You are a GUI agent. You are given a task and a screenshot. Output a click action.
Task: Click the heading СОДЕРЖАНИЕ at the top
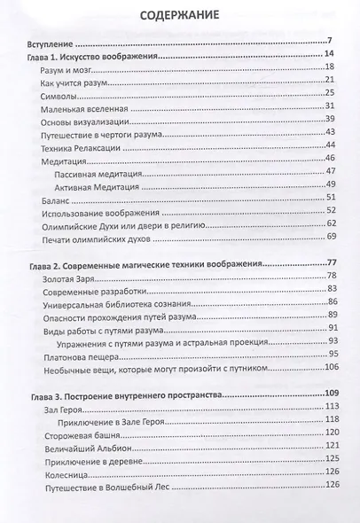click(x=179, y=17)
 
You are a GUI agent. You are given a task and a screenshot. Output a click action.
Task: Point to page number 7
click(x=328, y=66)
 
